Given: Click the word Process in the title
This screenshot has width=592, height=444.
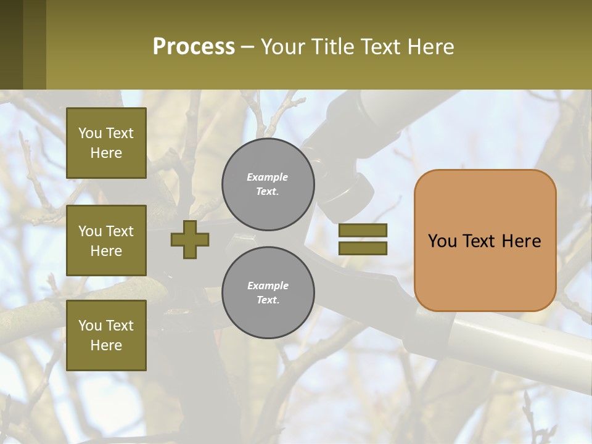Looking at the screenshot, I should click(x=194, y=47).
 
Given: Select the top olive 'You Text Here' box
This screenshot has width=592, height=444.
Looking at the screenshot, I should click(x=106, y=143).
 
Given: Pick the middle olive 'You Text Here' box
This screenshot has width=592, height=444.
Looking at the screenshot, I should click(x=106, y=240).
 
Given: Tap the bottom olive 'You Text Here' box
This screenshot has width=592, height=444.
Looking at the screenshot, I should click(x=106, y=335).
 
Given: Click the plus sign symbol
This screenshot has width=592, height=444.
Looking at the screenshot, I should click(x=190, y=239).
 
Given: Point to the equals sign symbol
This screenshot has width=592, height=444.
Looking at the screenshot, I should click(x=363, y=239).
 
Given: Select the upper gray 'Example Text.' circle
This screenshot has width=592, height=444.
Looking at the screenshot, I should click(x=268, y=184).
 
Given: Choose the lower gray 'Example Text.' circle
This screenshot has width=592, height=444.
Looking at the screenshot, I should click(x=268, y=293).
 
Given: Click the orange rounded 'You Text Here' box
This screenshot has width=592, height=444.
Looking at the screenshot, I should click(x=485, y=240).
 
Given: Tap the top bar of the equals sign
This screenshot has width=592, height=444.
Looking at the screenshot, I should click(x=363, y=231).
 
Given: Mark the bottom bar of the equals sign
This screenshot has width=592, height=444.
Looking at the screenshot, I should click(x=363, y=249).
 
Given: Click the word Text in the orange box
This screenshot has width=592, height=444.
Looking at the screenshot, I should click(x=485, y=241).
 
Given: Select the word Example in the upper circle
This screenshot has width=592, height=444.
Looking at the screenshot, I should click(x=268, y=177).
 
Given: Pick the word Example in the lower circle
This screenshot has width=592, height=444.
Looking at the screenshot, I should click(x=268, y=286).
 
